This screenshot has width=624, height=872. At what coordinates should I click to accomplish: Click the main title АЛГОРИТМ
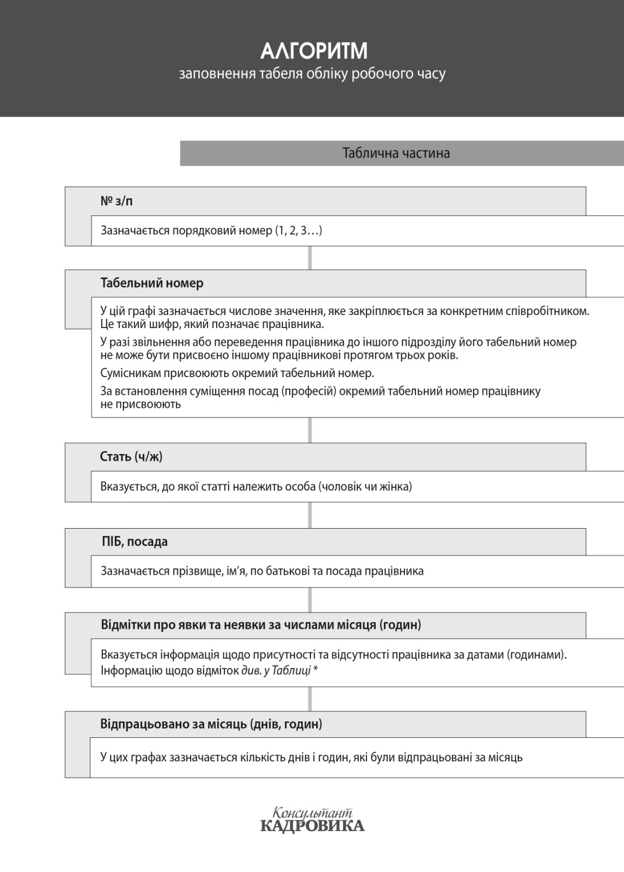(314, 51)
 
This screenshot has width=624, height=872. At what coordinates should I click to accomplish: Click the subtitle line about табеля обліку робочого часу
(312, 74)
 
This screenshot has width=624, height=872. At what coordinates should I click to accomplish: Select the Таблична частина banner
(396, 153)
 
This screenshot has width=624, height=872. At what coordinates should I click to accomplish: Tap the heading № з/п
(117, 201)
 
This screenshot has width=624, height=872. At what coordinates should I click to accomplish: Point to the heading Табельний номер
(152, 283)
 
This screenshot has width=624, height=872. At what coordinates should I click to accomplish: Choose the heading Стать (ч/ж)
(131, 457)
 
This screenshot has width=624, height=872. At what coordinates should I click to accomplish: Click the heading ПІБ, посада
(134, 542)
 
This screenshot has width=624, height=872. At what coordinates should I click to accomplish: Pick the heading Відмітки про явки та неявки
(261, 625)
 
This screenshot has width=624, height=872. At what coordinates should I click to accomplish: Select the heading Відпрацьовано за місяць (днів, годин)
(211, 724)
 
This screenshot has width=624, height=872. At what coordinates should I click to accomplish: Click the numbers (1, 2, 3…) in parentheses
(298, 231)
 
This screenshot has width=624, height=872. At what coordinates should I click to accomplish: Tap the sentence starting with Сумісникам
(237, 373)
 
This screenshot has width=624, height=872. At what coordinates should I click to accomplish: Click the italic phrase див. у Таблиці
(276, 670)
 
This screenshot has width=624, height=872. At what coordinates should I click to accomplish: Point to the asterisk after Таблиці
(315, 669)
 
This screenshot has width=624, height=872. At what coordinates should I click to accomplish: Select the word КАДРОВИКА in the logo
(312, 826)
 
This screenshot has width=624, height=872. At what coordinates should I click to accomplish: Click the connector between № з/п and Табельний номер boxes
(310, 258)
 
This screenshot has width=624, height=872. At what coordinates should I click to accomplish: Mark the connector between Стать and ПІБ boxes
(310, 515)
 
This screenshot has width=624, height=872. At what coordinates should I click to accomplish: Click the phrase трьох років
(432, 355)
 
